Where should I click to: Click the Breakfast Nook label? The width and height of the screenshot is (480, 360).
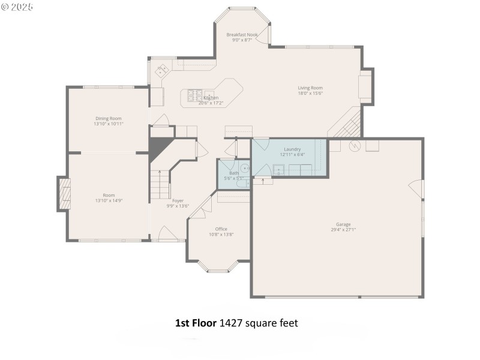pos(242,35)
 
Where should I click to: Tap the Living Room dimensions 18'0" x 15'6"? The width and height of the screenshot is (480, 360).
pos(310,94)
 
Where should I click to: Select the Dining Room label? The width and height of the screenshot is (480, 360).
pos(108,118)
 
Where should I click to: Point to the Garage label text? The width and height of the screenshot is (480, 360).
pos(343,224)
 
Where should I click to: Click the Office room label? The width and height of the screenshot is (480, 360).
pos(221,229)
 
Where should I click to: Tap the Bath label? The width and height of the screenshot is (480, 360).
pos(233,173)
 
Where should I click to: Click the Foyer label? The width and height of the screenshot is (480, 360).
pos(178,200)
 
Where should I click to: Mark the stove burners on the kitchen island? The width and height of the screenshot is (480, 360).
pos(195,95)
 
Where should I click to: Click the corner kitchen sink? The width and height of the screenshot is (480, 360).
pos(162,71)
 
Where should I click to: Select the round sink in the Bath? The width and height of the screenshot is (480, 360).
pos(245,169)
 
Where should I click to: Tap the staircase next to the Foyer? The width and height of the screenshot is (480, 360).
pos(160,184)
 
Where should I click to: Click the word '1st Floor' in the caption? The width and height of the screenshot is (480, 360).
pos(196,323)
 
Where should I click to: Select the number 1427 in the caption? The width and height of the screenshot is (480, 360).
pos(232,323)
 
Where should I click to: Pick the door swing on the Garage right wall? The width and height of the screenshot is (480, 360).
pos(416,188)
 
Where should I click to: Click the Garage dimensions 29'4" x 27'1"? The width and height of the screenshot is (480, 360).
pos(343,230)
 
